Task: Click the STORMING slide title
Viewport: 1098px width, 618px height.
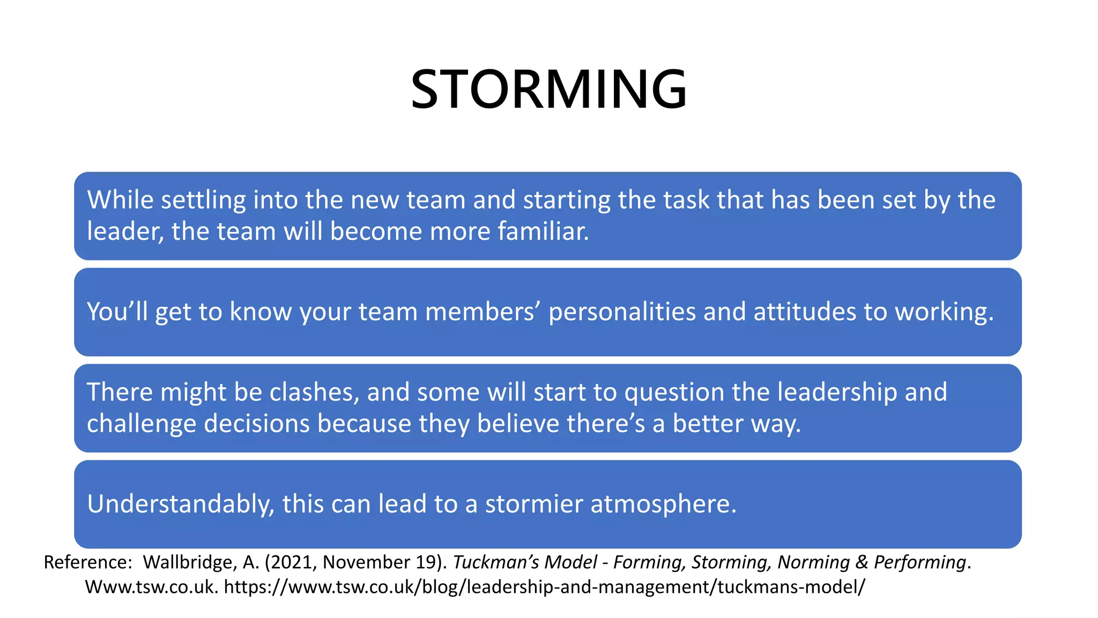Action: [548, 90]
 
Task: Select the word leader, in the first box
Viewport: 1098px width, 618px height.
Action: [125, 232]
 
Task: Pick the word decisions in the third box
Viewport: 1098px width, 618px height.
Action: [257, 424]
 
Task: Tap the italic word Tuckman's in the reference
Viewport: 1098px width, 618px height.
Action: [495, 562]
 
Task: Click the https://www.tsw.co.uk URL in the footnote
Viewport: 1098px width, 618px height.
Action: [544, 587]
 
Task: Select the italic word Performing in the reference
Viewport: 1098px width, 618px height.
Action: [919, 562]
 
